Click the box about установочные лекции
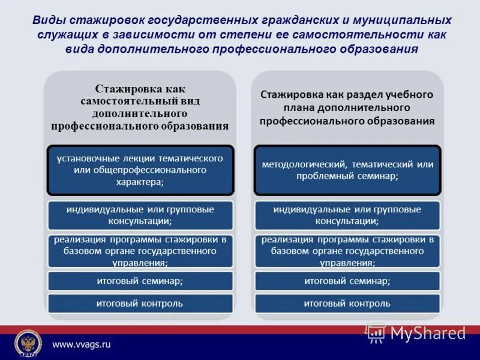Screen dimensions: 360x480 [140, 170]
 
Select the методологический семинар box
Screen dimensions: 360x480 [347, 170]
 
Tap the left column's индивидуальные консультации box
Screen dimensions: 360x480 [140, 215]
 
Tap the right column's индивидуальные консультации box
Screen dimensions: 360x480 [347, 215]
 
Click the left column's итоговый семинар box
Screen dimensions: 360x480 [140, 280]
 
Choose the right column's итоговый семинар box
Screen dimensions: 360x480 [347, 280]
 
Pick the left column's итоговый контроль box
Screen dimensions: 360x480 [140, 303]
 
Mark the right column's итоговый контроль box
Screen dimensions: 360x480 [347, 303]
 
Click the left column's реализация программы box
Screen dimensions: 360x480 [140, 251]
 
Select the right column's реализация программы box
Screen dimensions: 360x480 [347, 251]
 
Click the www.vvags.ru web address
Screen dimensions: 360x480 [82, 344]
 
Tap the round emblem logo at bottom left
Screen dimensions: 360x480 [26, 343]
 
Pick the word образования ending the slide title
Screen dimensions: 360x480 [379, 49]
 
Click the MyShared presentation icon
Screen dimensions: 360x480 [376, 332]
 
